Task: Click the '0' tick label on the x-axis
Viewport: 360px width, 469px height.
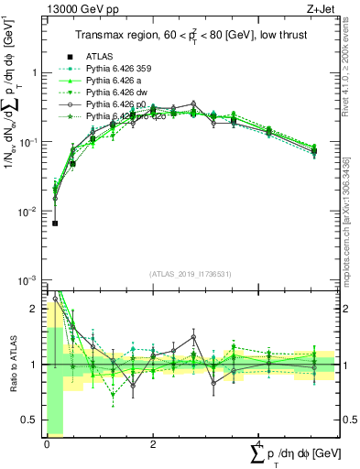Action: pos(47,443)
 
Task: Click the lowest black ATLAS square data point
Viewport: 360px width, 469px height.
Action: pos(55,223)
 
